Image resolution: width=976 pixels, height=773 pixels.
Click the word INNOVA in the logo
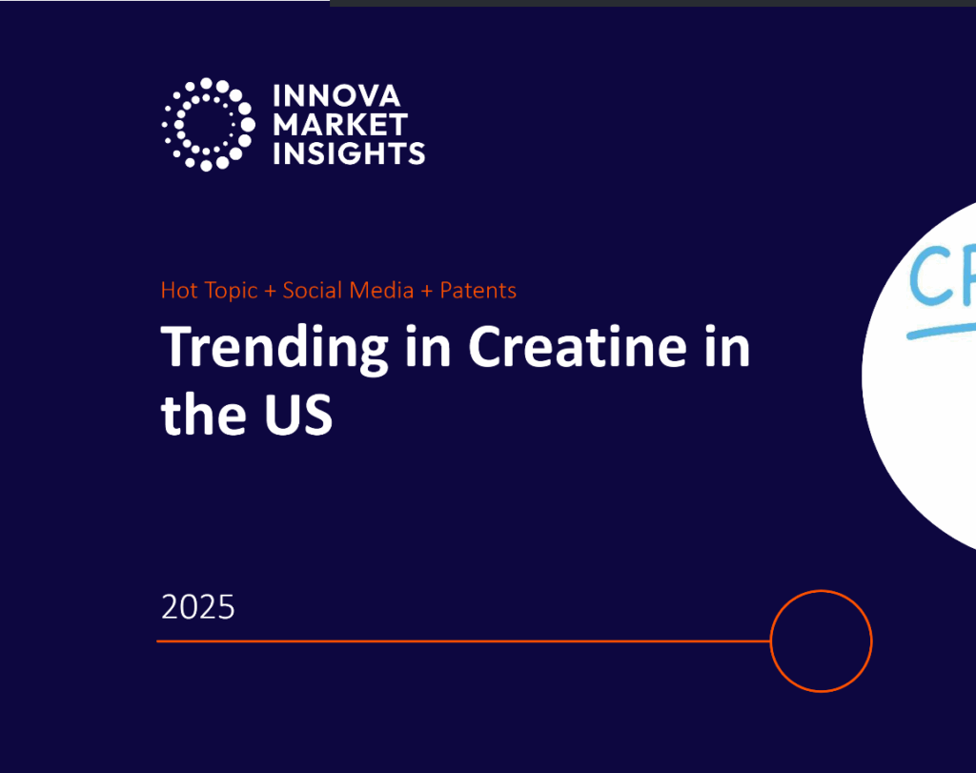coord(336,96)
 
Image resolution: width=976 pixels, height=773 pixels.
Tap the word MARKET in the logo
coord(340,124)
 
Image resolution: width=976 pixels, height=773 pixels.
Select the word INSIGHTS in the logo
coord(349,153)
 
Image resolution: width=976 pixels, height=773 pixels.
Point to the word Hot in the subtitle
coord(179,291)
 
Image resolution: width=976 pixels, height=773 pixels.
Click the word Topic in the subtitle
coord(231,291)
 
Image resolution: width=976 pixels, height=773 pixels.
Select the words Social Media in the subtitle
coord(349,291)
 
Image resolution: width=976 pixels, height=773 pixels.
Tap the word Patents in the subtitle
coord(478,291)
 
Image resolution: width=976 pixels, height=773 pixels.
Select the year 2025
coord(198,607)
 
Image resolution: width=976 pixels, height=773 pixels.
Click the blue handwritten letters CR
coord(944,275)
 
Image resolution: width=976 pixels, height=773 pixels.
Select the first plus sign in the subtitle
coord(271,291)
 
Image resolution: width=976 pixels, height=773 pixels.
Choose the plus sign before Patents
coord(427,291)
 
